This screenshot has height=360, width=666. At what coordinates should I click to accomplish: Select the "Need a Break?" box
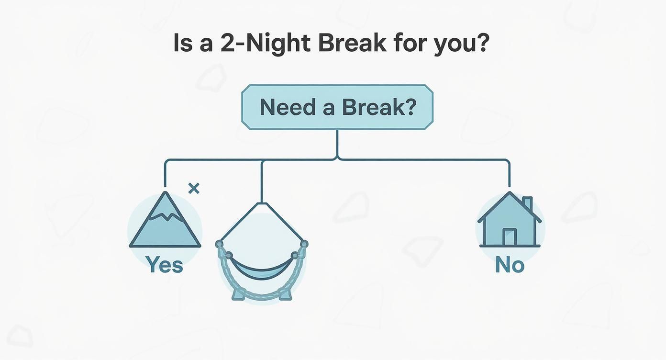337,107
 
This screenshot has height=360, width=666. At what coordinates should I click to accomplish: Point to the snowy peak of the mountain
165,206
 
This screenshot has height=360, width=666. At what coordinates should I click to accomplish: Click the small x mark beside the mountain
194,189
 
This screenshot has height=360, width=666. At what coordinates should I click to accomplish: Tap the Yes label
165,264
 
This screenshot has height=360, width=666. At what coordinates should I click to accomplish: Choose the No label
510,265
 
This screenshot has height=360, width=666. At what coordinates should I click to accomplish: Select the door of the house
510,236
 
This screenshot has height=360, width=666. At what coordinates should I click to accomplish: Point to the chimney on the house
527,203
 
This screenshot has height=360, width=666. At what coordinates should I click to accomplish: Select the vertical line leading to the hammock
262,181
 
